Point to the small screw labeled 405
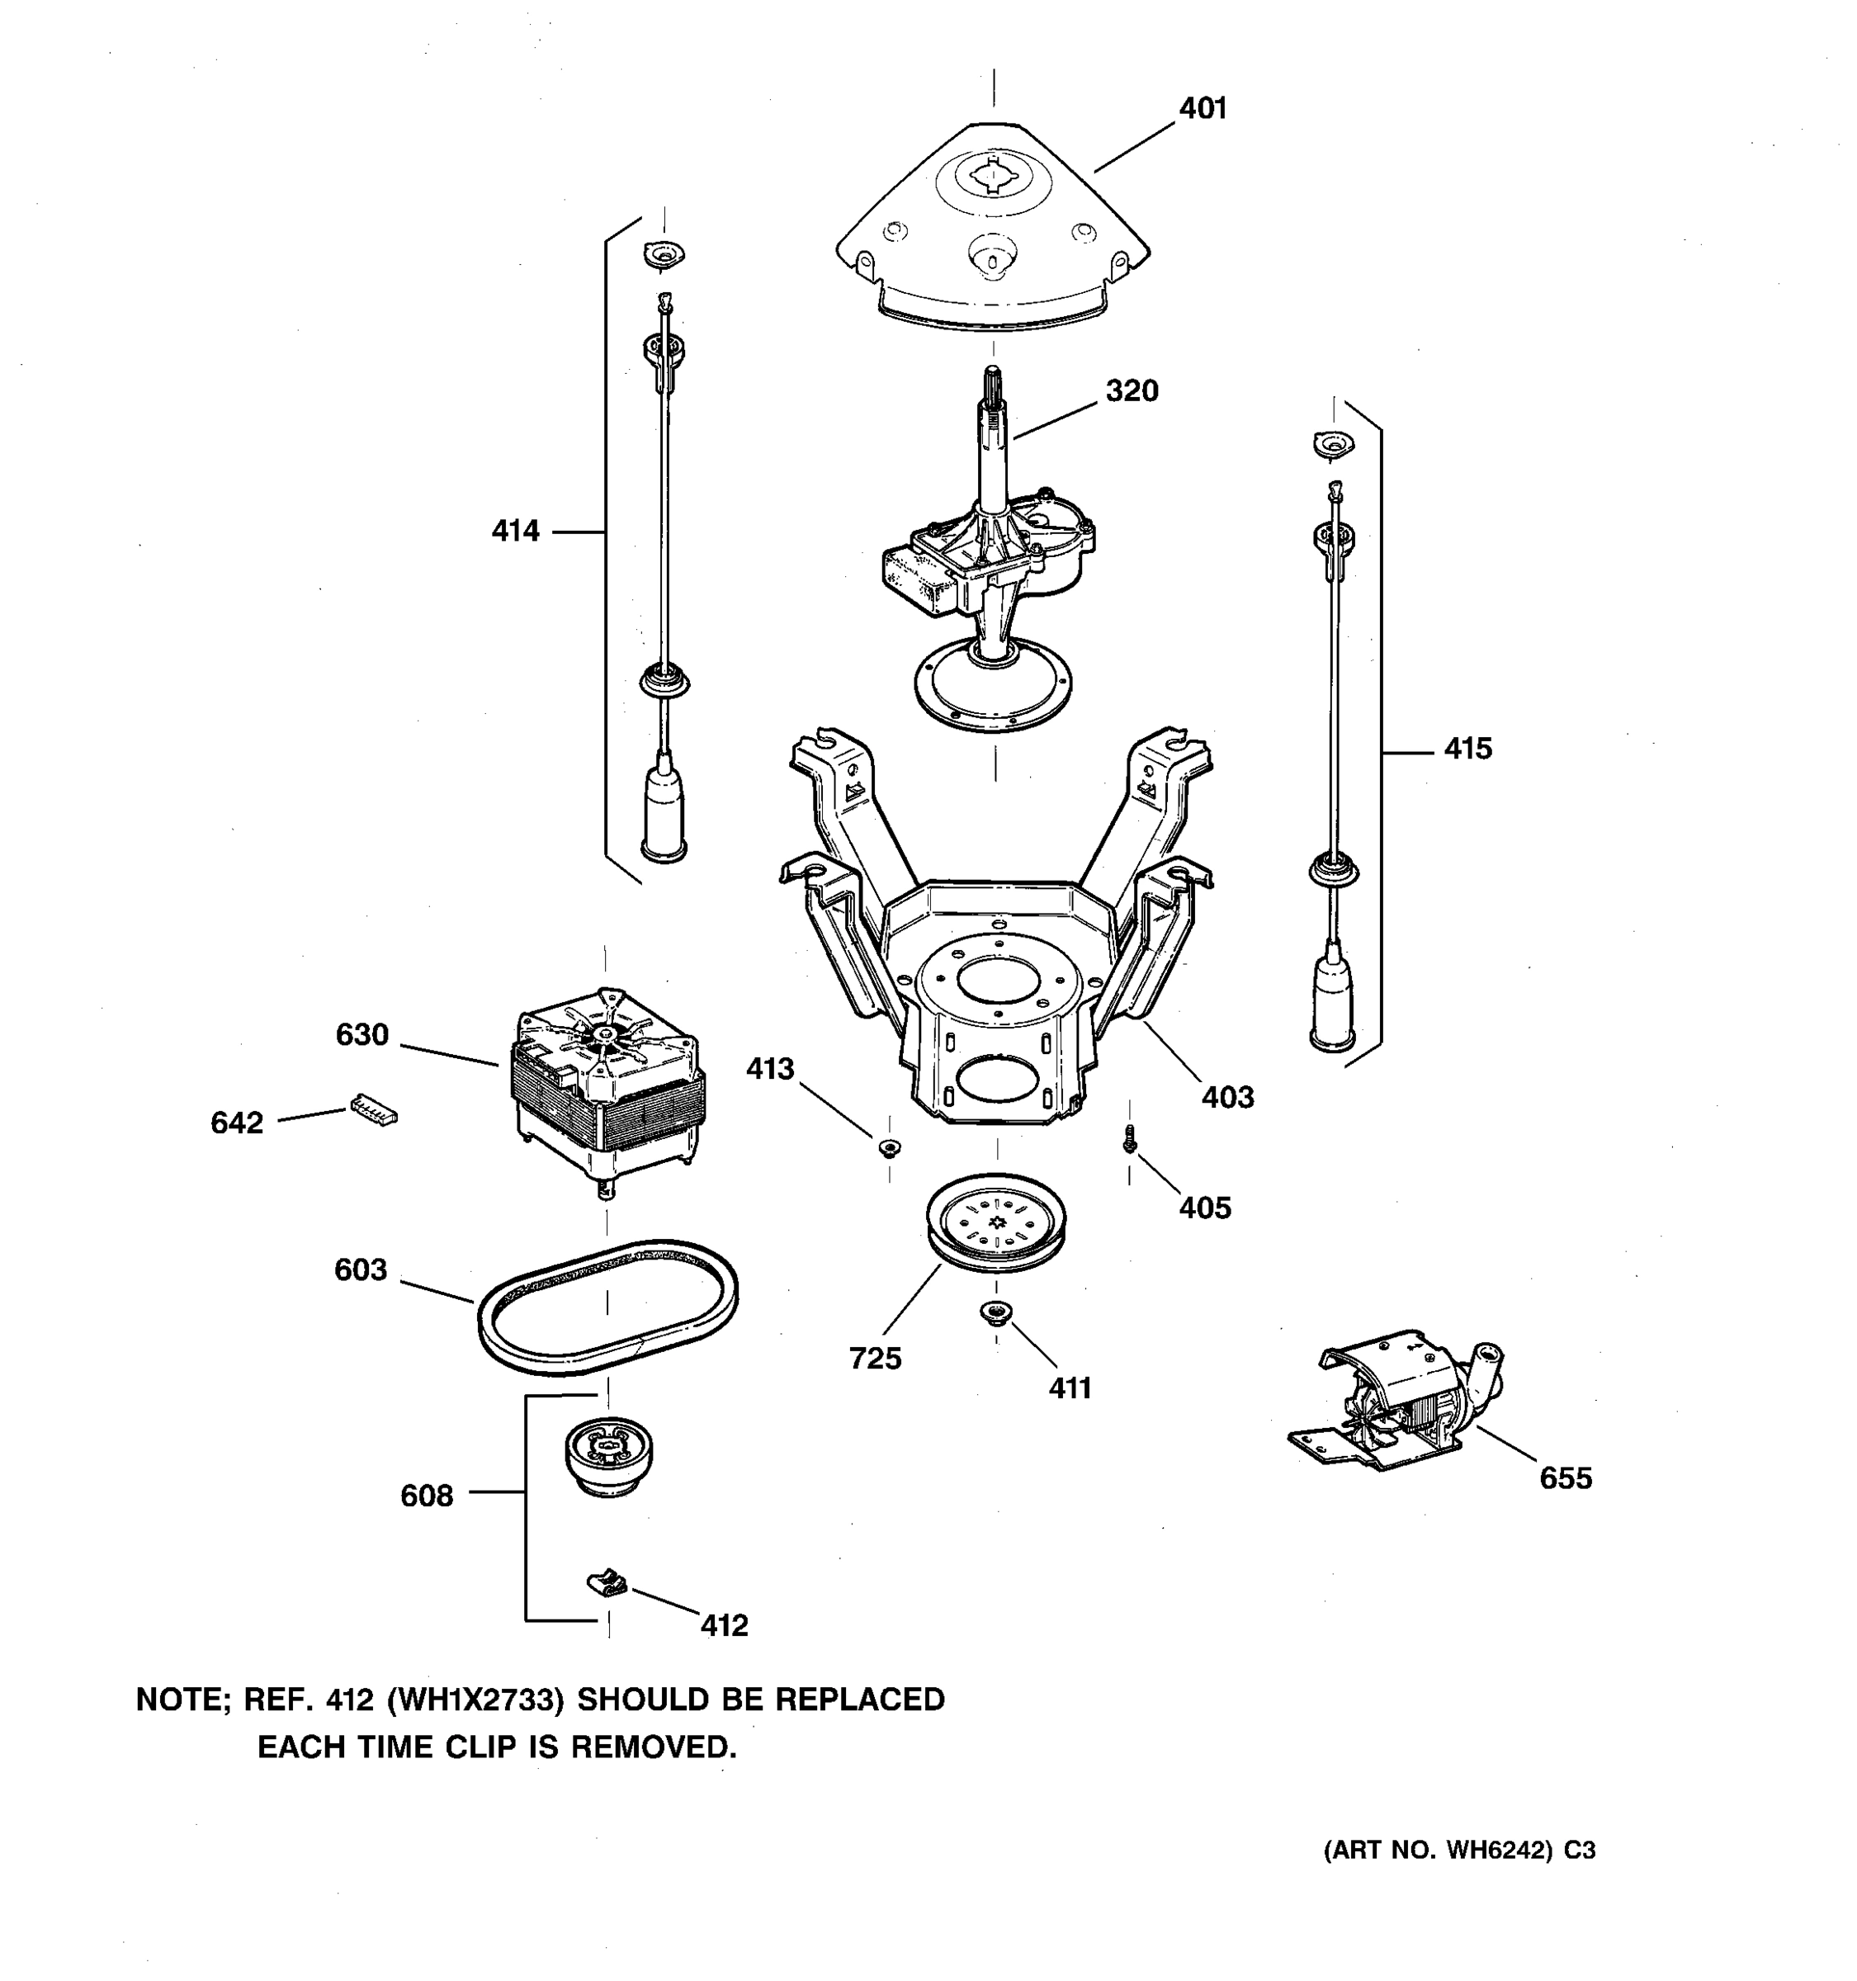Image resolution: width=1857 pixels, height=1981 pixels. click(x=1129, y=1139)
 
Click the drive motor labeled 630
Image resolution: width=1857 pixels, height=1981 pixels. click(x=607, y=1081)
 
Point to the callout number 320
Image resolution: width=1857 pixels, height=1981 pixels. click(x=1132, y=390)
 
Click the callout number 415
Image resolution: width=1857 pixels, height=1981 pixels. click(x=1467, y=749)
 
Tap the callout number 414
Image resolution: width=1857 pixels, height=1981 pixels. click(x=515, y=531)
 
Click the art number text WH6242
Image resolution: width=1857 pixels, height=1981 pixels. click(x=1498, y=1851)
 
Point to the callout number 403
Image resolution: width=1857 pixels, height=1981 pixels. click(x=1227, y=1097)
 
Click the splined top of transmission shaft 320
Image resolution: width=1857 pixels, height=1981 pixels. click(x=993, y=383)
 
